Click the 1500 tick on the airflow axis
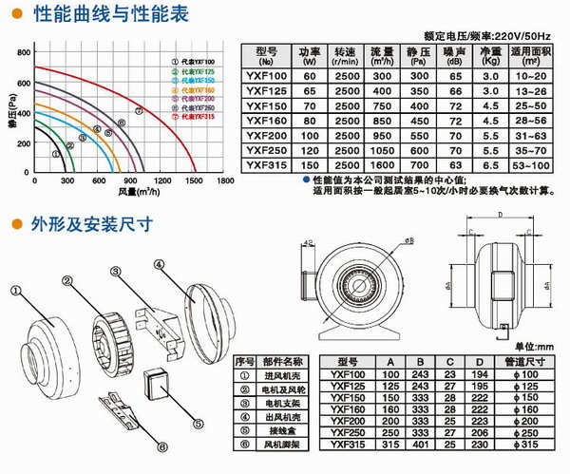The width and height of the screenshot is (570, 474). click(x=194, y=180)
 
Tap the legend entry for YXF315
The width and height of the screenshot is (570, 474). click(x=191, y=117)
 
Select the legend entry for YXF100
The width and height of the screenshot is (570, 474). click(x=191, y=62)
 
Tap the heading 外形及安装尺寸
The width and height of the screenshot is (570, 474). click(x=84, y=225)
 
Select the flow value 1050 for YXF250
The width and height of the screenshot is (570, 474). click(x=382, y=150)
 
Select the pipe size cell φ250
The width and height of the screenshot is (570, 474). click(x=525, y=431)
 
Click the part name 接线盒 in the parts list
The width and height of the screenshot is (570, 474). click(x=283, y=429)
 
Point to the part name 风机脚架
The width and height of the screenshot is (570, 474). click(x=283, y=443)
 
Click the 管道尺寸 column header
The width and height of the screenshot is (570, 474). click(x=525, y=361)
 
